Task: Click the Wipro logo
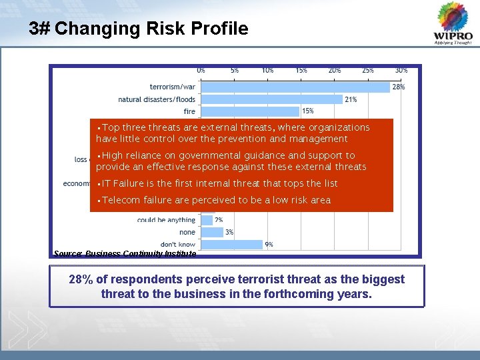[453, 23]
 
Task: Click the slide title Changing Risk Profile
[139, 29]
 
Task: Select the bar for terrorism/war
[295, 87]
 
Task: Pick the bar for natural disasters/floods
[271, 99]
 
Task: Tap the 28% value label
[398, 87]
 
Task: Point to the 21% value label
[351, 99]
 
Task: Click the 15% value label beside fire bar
[308, 111]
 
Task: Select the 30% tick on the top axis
[401, 70]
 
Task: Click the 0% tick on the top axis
[201, 70]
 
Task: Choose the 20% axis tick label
[334, 70]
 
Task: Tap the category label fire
[189, 111]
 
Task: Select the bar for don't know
[231, 245]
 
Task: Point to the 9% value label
[269, 245]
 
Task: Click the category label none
[187, 232]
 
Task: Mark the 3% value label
[229, 232]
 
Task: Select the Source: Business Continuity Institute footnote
[125, 254]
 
